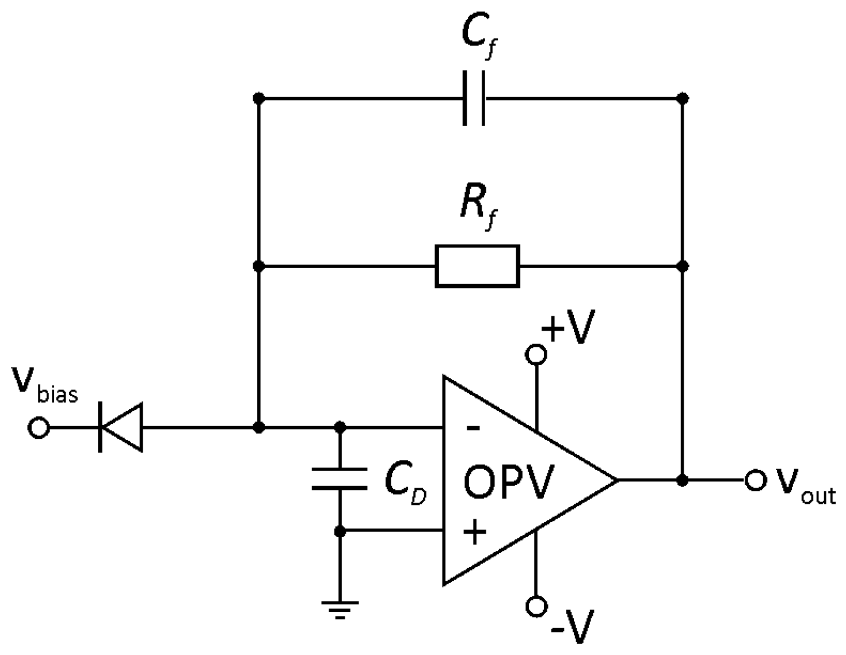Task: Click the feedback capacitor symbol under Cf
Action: pos(474,98)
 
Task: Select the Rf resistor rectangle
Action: pos(477,266)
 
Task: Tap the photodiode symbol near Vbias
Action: pos(120,428)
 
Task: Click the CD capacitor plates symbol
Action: pos(340,479)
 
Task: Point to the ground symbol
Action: pos(340,609)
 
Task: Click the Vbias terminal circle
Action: pos(39,428)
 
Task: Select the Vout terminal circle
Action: pos(755,480)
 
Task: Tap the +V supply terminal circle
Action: pos(536,355)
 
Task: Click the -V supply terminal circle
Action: pos(536,606)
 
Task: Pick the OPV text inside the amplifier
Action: pos(508,482)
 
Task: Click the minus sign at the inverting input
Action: pos(472,428)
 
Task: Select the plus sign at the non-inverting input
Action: pos(474,531)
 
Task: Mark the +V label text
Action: pos(567,328)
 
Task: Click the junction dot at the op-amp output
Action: pos(683,480)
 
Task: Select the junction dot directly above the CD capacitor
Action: pos(340,428)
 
